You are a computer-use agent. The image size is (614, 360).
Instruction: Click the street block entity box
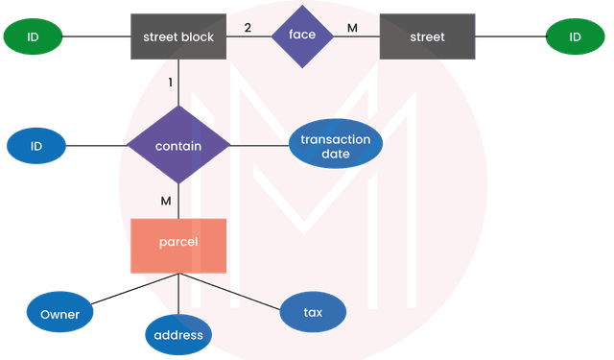pyautogui.click(x=178, y=37)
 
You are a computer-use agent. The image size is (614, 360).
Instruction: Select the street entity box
pyautogui.click(x=427, y=37)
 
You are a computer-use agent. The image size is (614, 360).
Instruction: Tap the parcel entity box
pyautogui.click(x=178, y=244)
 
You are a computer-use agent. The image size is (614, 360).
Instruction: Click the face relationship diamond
pyautogui.click(x=301, y=36)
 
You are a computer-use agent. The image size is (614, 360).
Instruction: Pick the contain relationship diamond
pyautogui.click(x=178, y=146)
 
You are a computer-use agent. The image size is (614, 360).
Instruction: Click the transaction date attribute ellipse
pyautogui.click(x=336, y=146)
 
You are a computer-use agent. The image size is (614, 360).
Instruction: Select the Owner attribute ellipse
pyautogui.click(x=60, y=313)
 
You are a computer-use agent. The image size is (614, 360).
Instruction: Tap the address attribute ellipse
pyautogui.click(x=178, y=334)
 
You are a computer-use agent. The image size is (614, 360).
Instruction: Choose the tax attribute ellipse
pyautogui.click(x=312, y=313)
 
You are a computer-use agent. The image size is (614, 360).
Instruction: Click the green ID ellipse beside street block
pyautogui.click(x=32, y=37)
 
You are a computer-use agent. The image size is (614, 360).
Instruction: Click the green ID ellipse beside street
pyautogui.click(x=576, y=37)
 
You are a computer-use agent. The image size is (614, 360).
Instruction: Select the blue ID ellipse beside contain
pyautogui.click(x=36, y=146)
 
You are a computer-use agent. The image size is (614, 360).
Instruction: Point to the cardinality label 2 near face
pyautogui.click(x=248, y=28)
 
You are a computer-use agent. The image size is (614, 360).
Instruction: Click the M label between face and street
pyautogui.click(x=352, y=28)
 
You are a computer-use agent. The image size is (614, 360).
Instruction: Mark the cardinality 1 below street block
pyautogui.click(x=171, y=84)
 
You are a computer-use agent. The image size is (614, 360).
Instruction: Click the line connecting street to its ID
pyautogui.click(x=510, y=37)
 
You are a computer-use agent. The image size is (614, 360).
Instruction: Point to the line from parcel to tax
pyautogui.click(x=235, y=292)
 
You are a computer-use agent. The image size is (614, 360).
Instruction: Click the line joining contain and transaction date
pyautogui.click(x=259, y=146)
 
